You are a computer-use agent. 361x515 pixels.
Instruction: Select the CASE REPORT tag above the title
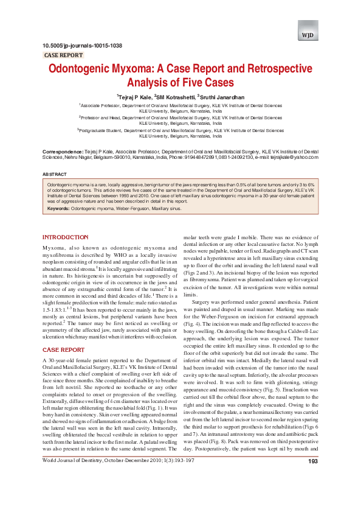[64, 55]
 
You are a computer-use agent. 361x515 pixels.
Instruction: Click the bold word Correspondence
[63, 150]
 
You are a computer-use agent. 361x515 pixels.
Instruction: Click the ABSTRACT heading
[55, 175]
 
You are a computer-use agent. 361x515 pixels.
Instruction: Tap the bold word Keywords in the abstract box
[58, 209]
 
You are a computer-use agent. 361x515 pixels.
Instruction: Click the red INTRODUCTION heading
[65, 237]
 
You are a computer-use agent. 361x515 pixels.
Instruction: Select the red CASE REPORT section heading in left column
[63, 351]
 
